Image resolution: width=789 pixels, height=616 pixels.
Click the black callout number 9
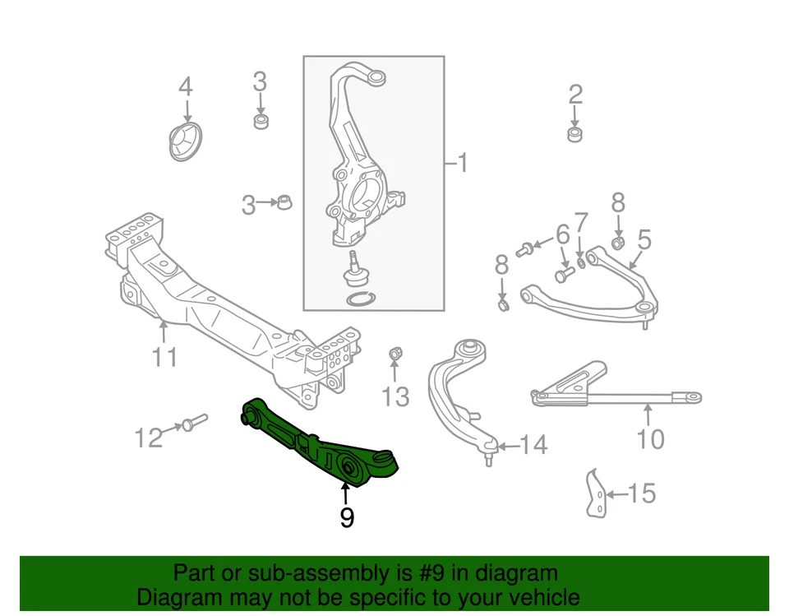coord(347,517)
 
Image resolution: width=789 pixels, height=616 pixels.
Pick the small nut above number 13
coord(394,354)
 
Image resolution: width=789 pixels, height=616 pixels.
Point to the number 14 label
coord(533,446)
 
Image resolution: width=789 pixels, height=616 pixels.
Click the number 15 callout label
coord(642,493)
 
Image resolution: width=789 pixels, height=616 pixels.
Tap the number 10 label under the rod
coord(650,439)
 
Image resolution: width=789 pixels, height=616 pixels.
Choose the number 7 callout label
coord(581,223)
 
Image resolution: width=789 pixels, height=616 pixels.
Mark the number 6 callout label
coord(563,236)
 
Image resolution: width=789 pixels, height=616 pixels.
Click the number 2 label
coord(575,94)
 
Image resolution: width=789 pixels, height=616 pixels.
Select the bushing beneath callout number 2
coord(575,133)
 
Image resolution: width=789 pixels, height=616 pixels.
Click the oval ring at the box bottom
coord(358,299)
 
